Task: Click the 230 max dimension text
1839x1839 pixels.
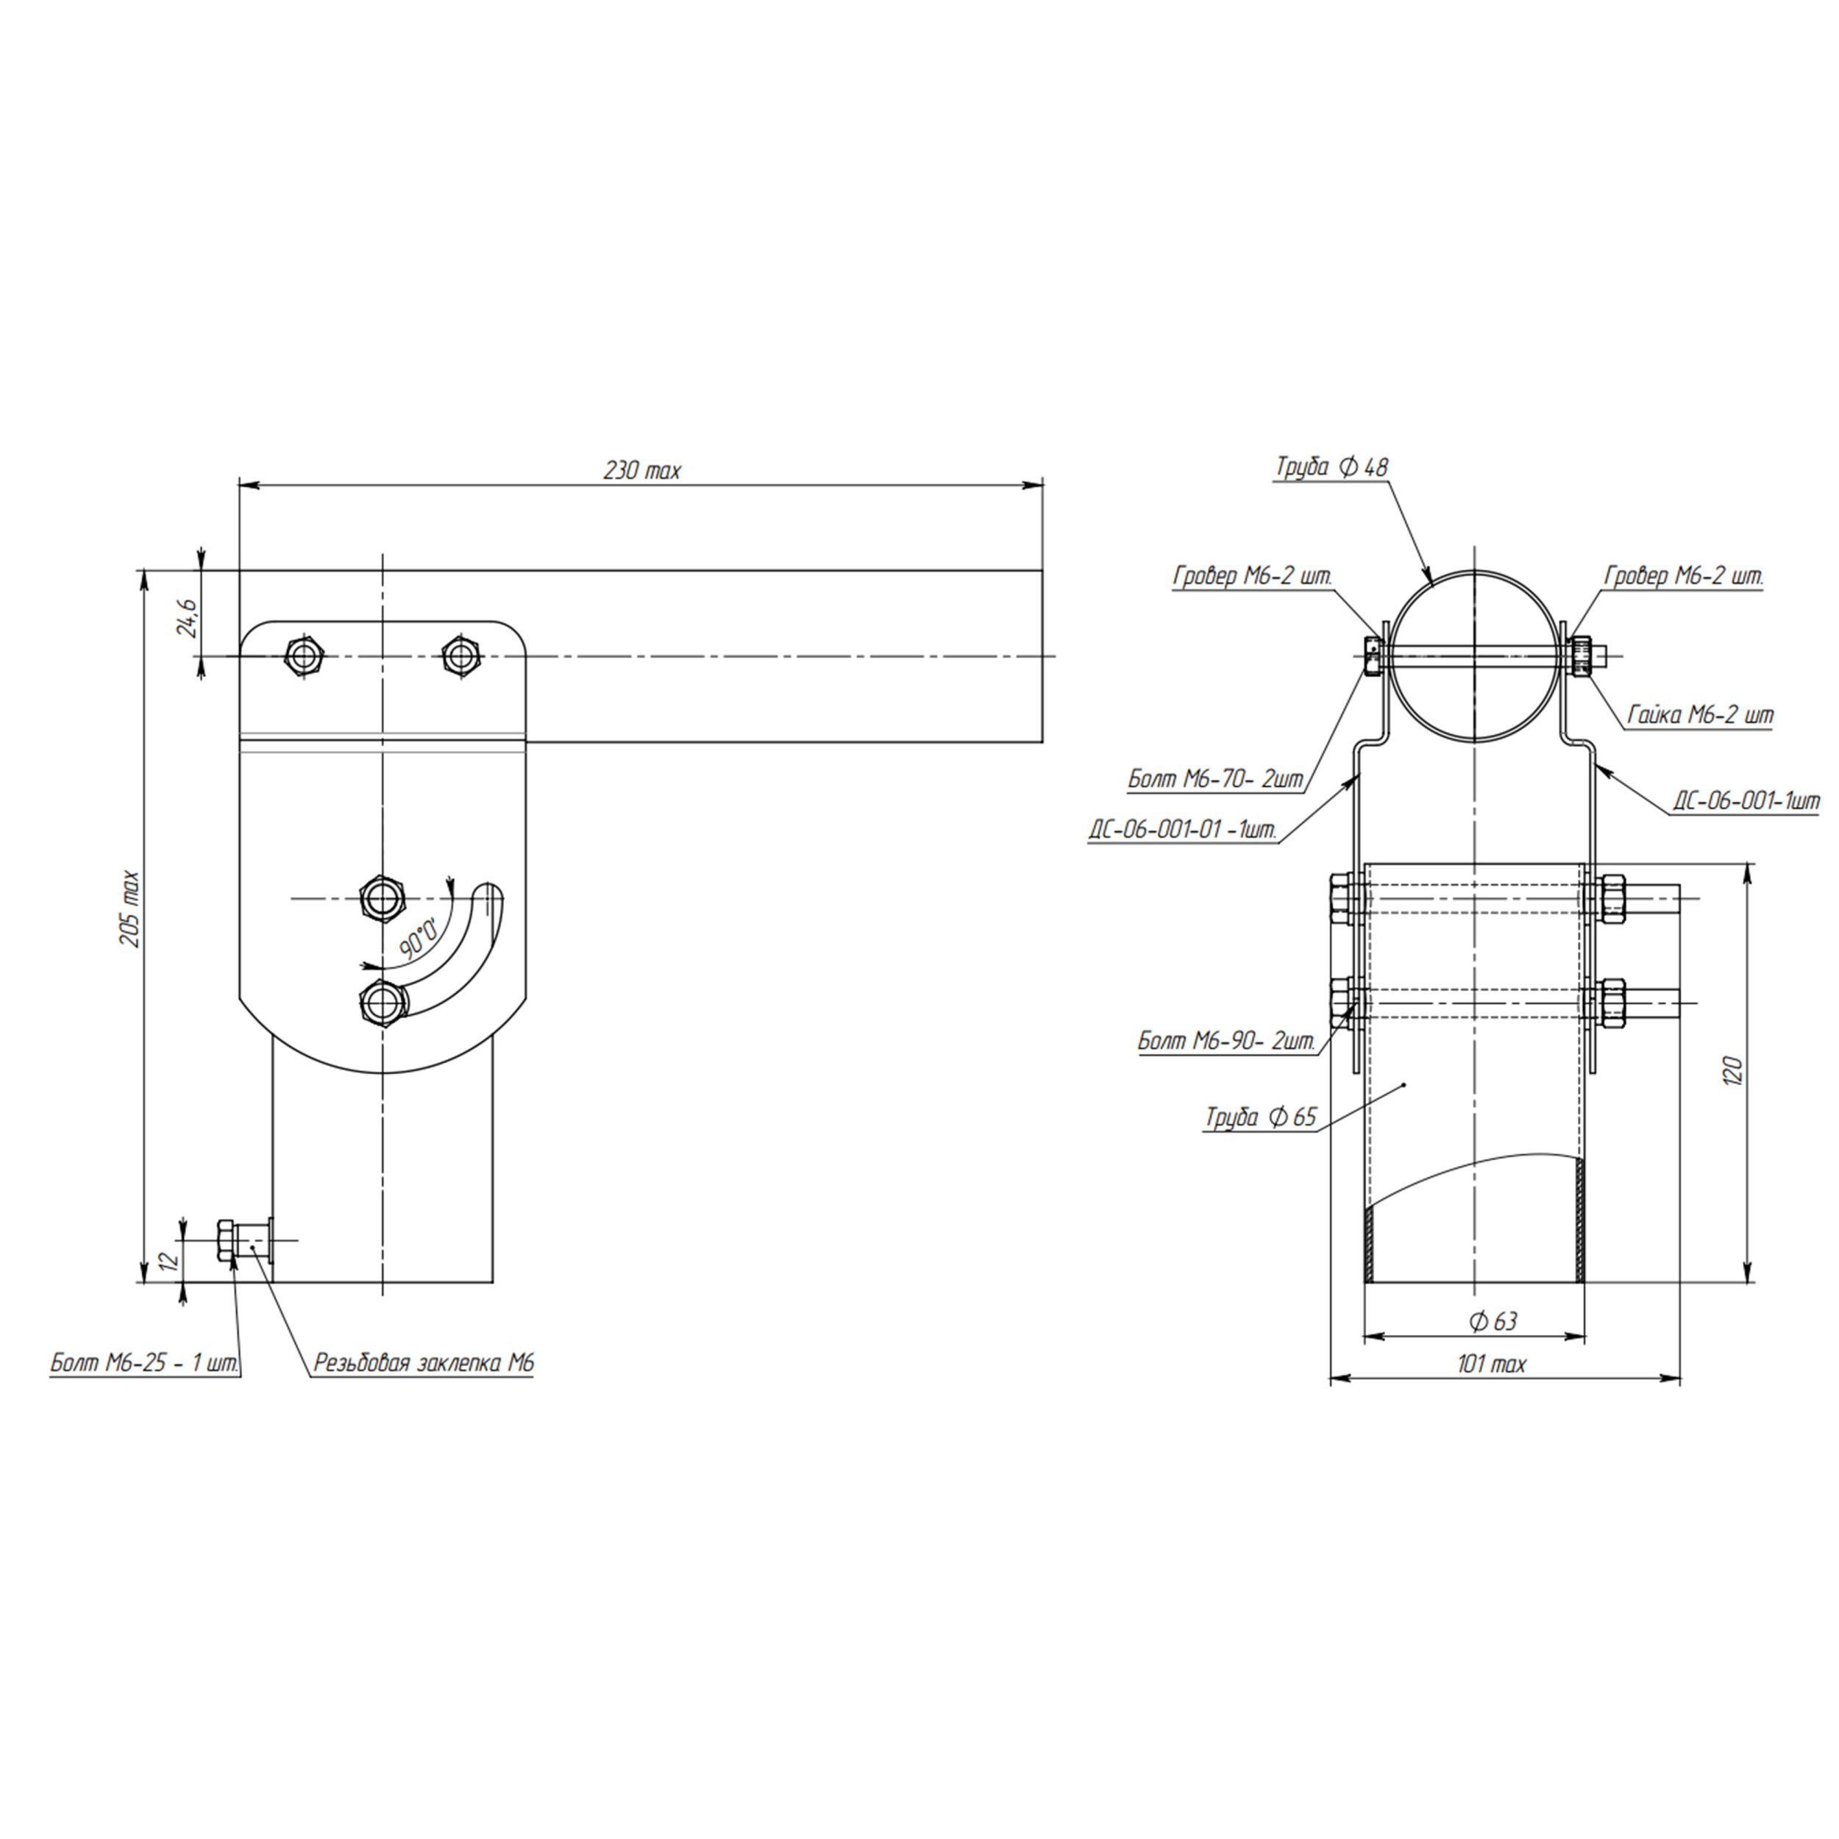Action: coord(642,470)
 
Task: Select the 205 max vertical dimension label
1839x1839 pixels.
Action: coord(130,909)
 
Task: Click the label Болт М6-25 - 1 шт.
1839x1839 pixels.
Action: coord(145,1363)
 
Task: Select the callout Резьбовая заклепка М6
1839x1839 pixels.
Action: coord(424,1363)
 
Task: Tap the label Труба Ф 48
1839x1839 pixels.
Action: coord(1331,466)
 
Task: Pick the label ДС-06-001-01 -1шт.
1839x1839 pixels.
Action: coord(1182,830)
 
